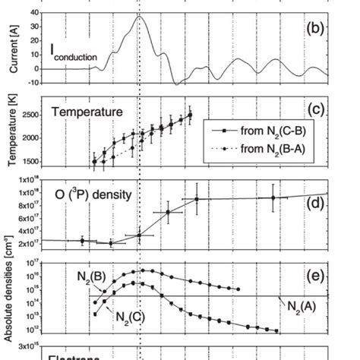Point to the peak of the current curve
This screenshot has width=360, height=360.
[x=140, y=16]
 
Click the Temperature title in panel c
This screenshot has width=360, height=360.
[x=87, y=112]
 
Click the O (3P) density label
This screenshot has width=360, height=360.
[x=94, y=194]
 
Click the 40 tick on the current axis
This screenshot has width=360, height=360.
[x=35, y=13]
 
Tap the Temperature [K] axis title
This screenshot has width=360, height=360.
[x=10, y=134]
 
